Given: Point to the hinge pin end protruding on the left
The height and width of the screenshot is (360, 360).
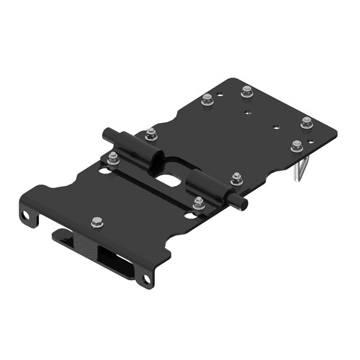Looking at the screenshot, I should pos(109,133).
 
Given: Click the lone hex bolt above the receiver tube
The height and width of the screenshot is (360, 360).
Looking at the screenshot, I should pos(97,223).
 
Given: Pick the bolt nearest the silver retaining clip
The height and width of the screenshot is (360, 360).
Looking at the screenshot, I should pos(296,145).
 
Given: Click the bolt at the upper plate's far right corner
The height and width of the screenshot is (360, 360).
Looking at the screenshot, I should pos(307,122).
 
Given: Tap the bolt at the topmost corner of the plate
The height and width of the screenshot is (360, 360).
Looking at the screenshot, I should pos(247,92).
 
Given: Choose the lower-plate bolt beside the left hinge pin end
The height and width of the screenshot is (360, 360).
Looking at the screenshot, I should pos(113,158).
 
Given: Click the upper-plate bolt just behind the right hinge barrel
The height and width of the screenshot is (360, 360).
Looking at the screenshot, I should pos(236,179).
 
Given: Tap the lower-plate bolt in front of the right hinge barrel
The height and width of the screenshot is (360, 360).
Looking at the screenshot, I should pos(199,202).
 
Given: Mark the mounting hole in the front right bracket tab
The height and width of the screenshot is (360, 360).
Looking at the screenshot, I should pos(145,279).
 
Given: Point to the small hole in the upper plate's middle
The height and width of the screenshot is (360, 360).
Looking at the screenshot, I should pos(275,127).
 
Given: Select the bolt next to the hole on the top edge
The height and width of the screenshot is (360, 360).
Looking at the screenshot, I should pos(208,98).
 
